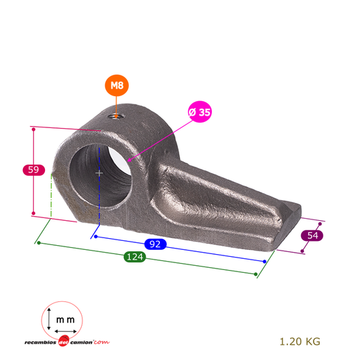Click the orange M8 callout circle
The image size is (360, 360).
coord(117,85)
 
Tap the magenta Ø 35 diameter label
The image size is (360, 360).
coord(199,112)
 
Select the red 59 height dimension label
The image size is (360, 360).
coord(34,170)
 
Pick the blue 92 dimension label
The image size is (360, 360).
coord(155,244)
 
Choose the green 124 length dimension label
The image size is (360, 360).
coord(135,257)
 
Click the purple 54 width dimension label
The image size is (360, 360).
coord(312,235)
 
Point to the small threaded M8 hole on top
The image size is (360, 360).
coord(116,116)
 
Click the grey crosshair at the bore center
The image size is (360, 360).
coord(99,173)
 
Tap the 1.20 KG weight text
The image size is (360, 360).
coord(300,341)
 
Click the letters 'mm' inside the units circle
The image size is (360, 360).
coord(66,320)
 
